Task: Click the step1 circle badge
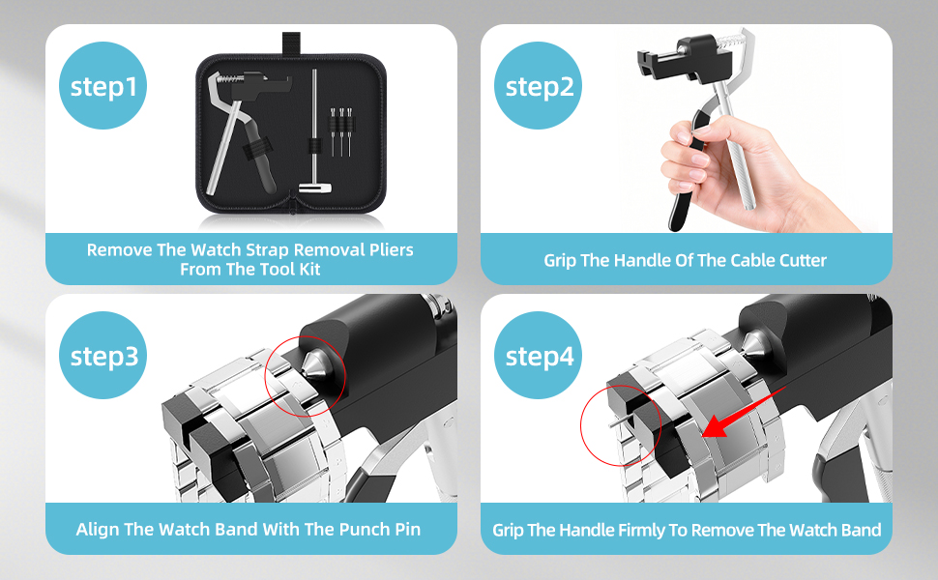(x=103, y=85)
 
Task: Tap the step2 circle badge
(x=538, y=85)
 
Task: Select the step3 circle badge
(x=103, y=355)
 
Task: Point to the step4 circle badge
(x=538, y=355)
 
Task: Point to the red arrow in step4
(x=743, y=413)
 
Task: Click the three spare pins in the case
(x=341, y=130)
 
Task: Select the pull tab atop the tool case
(x=291, y=43)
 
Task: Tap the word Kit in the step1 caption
(x=309, y=270)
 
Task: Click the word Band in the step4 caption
(x=861, y=531)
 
